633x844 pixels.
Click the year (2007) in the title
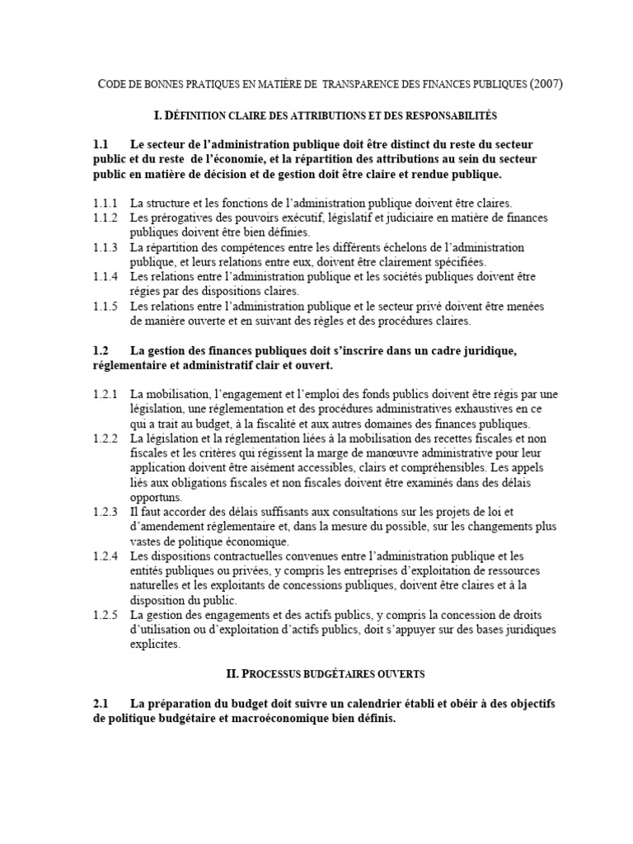pyautogui.click(x=546, y=84)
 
